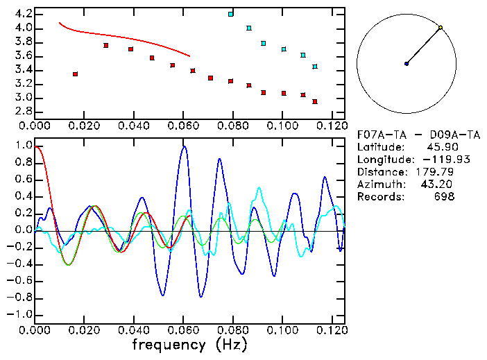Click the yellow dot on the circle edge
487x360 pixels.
pos(441,28)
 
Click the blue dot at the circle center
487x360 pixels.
pos(407,64)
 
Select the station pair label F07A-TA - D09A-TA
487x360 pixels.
pos(418,135)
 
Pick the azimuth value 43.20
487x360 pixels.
pos(437,185)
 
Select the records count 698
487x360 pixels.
pos(444,197)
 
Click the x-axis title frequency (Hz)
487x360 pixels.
pos(188,344)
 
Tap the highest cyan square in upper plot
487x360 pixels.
pos(230,14)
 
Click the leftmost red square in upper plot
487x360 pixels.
pos(75,74)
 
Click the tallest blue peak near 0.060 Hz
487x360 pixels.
pos(184,146)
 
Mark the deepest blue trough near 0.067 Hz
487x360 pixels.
pos(201,297)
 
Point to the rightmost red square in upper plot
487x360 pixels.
pos(315,101)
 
